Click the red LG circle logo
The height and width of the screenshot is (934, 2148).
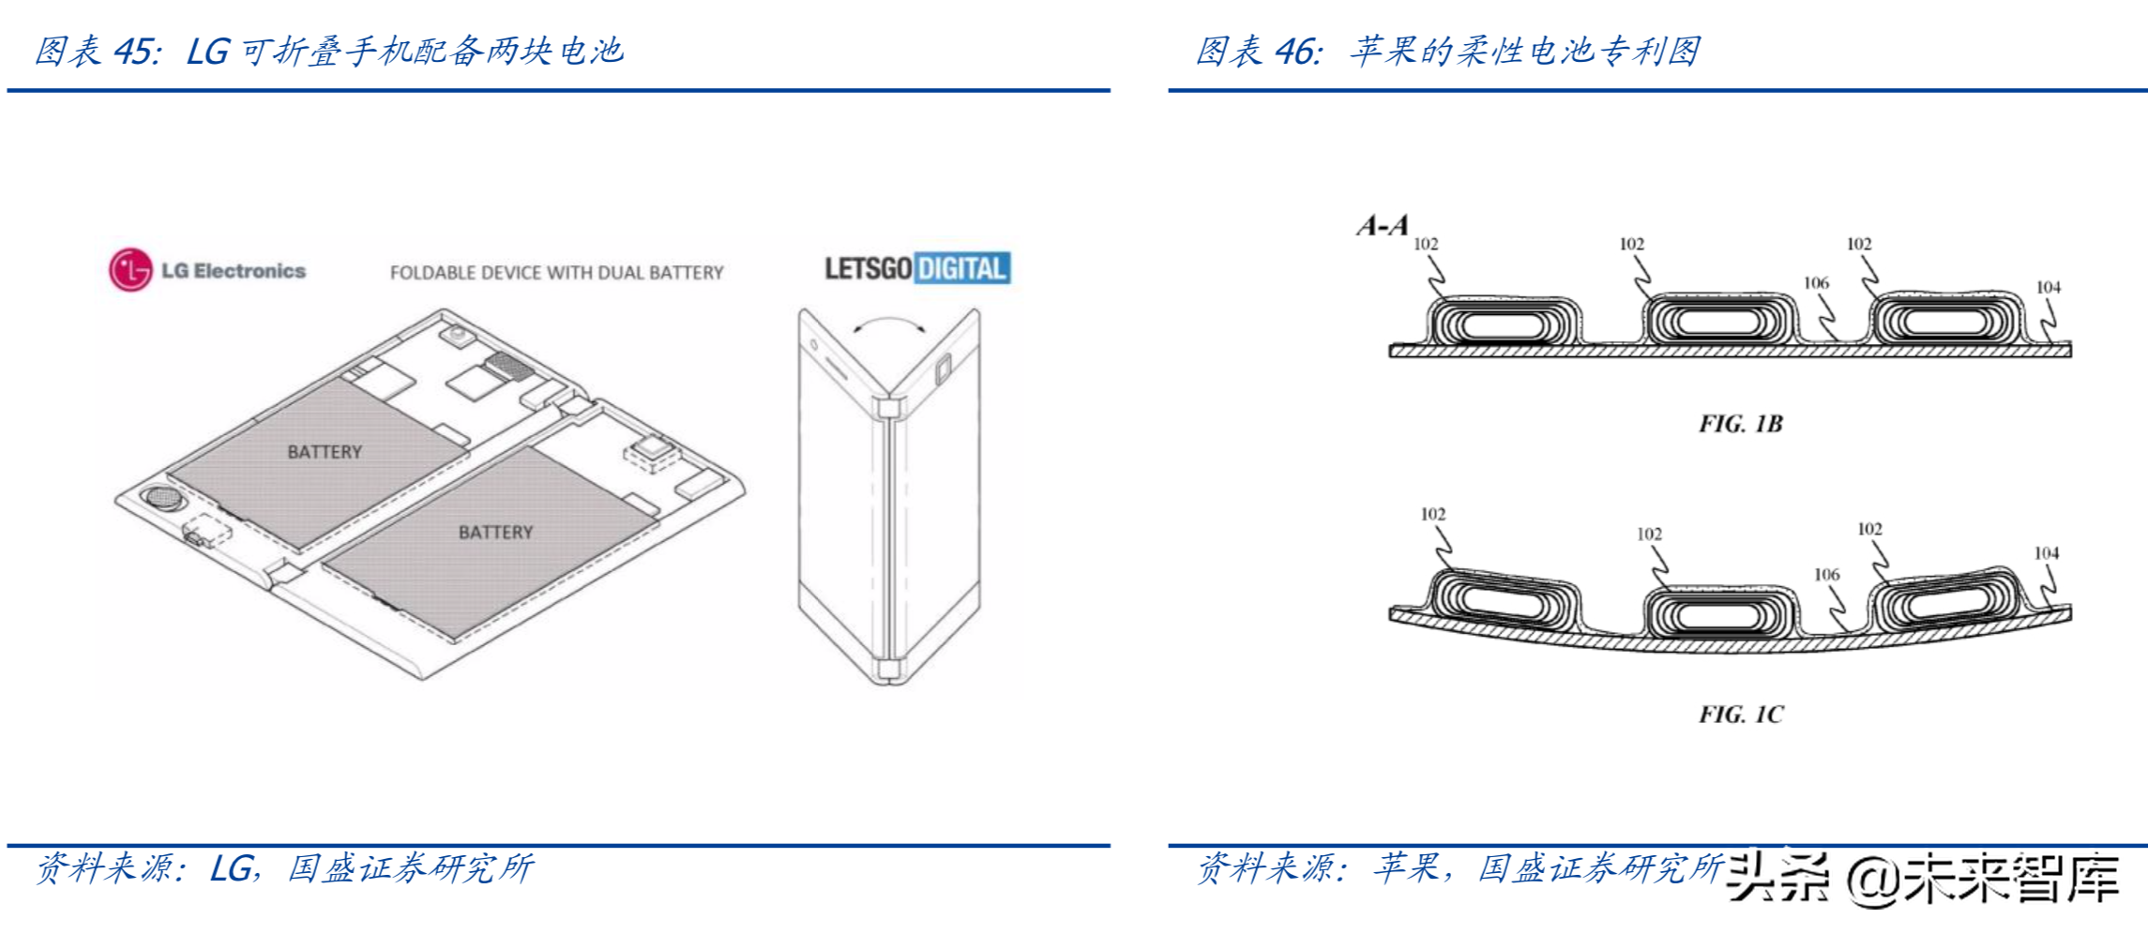point(130,270)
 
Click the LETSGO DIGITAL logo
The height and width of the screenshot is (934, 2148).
point(916,269)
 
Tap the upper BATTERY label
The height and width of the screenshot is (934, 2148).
point(325,452)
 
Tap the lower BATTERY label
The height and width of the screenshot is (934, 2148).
point(495,533)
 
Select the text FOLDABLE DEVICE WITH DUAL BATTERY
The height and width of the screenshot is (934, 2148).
point(556,273)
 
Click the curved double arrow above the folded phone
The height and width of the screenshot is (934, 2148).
point(889,324)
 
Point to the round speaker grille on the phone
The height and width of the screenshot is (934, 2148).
point(161,497)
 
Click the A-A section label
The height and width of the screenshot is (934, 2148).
point(1383,225)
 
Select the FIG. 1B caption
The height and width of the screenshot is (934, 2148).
point(1740,424)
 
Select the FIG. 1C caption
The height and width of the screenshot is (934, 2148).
point(1741,715)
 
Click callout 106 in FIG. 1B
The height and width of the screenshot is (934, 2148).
point(1816,283)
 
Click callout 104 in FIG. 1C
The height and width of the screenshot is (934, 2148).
point(2046,553)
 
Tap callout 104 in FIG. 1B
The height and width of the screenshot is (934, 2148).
point(2048,287)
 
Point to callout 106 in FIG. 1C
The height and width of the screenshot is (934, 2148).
point(1826,574)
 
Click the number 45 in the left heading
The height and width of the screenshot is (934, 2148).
point(136,52)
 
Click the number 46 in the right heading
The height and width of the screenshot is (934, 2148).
point(1298,52)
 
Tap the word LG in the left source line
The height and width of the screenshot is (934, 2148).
point(230,868)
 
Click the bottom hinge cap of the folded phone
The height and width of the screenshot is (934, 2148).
point(888,669)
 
